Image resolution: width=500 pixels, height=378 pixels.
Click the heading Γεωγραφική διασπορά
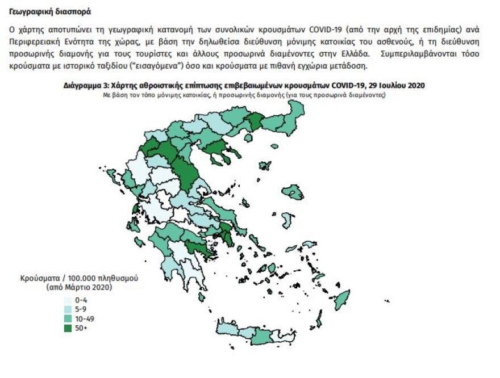(50, 12)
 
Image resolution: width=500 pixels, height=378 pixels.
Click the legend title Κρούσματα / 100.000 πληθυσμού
(80, 279)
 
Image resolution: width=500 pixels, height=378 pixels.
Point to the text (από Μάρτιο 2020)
(80, 288)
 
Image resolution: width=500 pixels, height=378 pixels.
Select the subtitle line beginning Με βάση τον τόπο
(244, 94)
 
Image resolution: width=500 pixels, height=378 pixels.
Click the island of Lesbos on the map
(294, 193)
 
